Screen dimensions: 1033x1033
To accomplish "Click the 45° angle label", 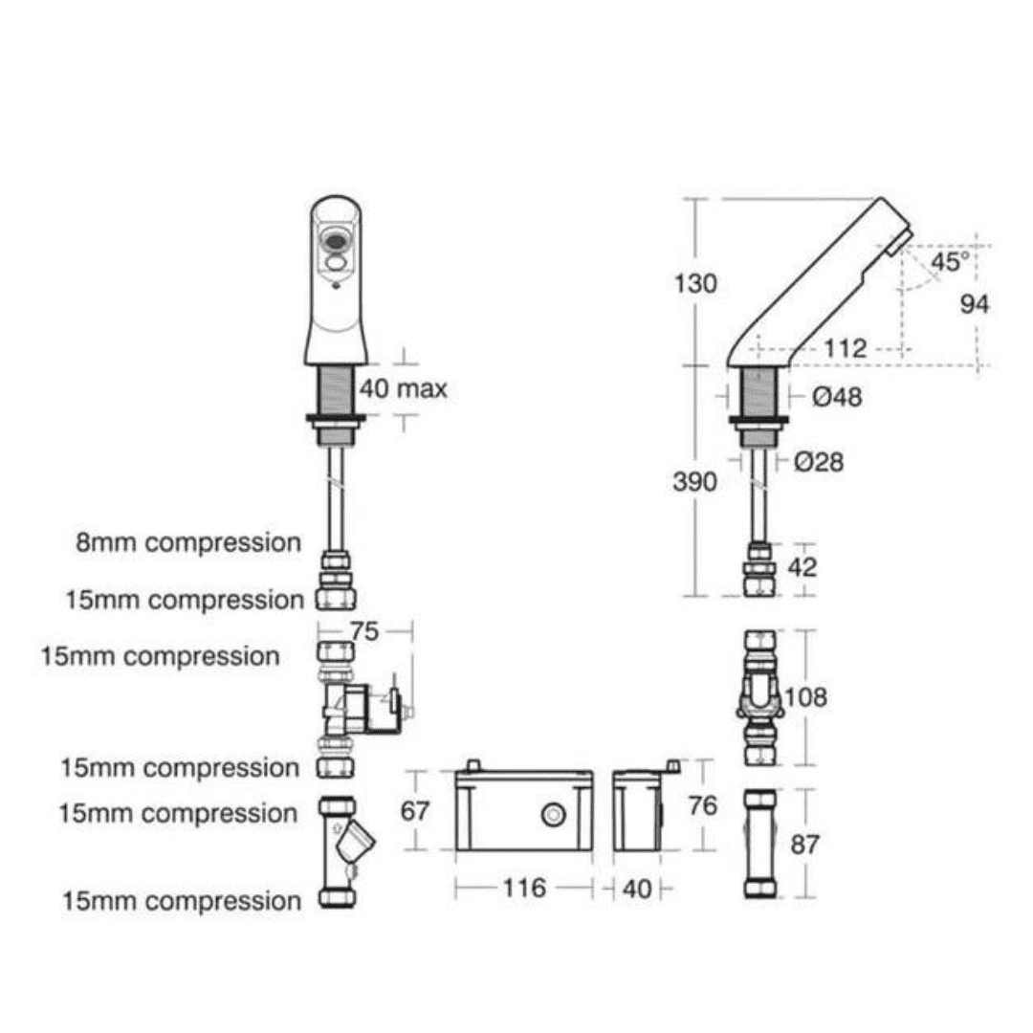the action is point(950,261).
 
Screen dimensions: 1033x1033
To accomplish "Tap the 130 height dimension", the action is point(695,284).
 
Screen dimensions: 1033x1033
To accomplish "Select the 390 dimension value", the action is point(694,481).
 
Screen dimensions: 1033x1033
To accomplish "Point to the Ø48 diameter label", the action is point(837,397).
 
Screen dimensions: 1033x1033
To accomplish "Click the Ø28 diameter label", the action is point(819,462).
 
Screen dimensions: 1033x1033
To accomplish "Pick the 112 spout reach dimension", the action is point(846,348).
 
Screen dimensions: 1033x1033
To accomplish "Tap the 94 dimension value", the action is point(975,304).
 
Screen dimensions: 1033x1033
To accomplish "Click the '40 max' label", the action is point(404,388).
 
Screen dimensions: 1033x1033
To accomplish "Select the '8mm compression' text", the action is point(188,543).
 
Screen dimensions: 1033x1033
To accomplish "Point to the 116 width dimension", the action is point(524,888).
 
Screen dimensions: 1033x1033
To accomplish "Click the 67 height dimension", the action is point(414,811).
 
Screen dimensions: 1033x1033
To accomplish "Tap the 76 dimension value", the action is point(702,805).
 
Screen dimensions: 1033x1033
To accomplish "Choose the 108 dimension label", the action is point(805,697).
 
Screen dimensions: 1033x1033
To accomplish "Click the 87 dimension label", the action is point(804,844).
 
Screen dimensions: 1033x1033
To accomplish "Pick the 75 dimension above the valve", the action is point(364,632).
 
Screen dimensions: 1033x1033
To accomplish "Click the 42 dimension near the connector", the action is point(802,567).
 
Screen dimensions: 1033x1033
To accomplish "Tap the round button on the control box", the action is point(554,815).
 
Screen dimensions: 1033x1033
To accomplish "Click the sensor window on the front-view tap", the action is point(336,242).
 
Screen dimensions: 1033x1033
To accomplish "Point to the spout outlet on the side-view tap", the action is point(901,242).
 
